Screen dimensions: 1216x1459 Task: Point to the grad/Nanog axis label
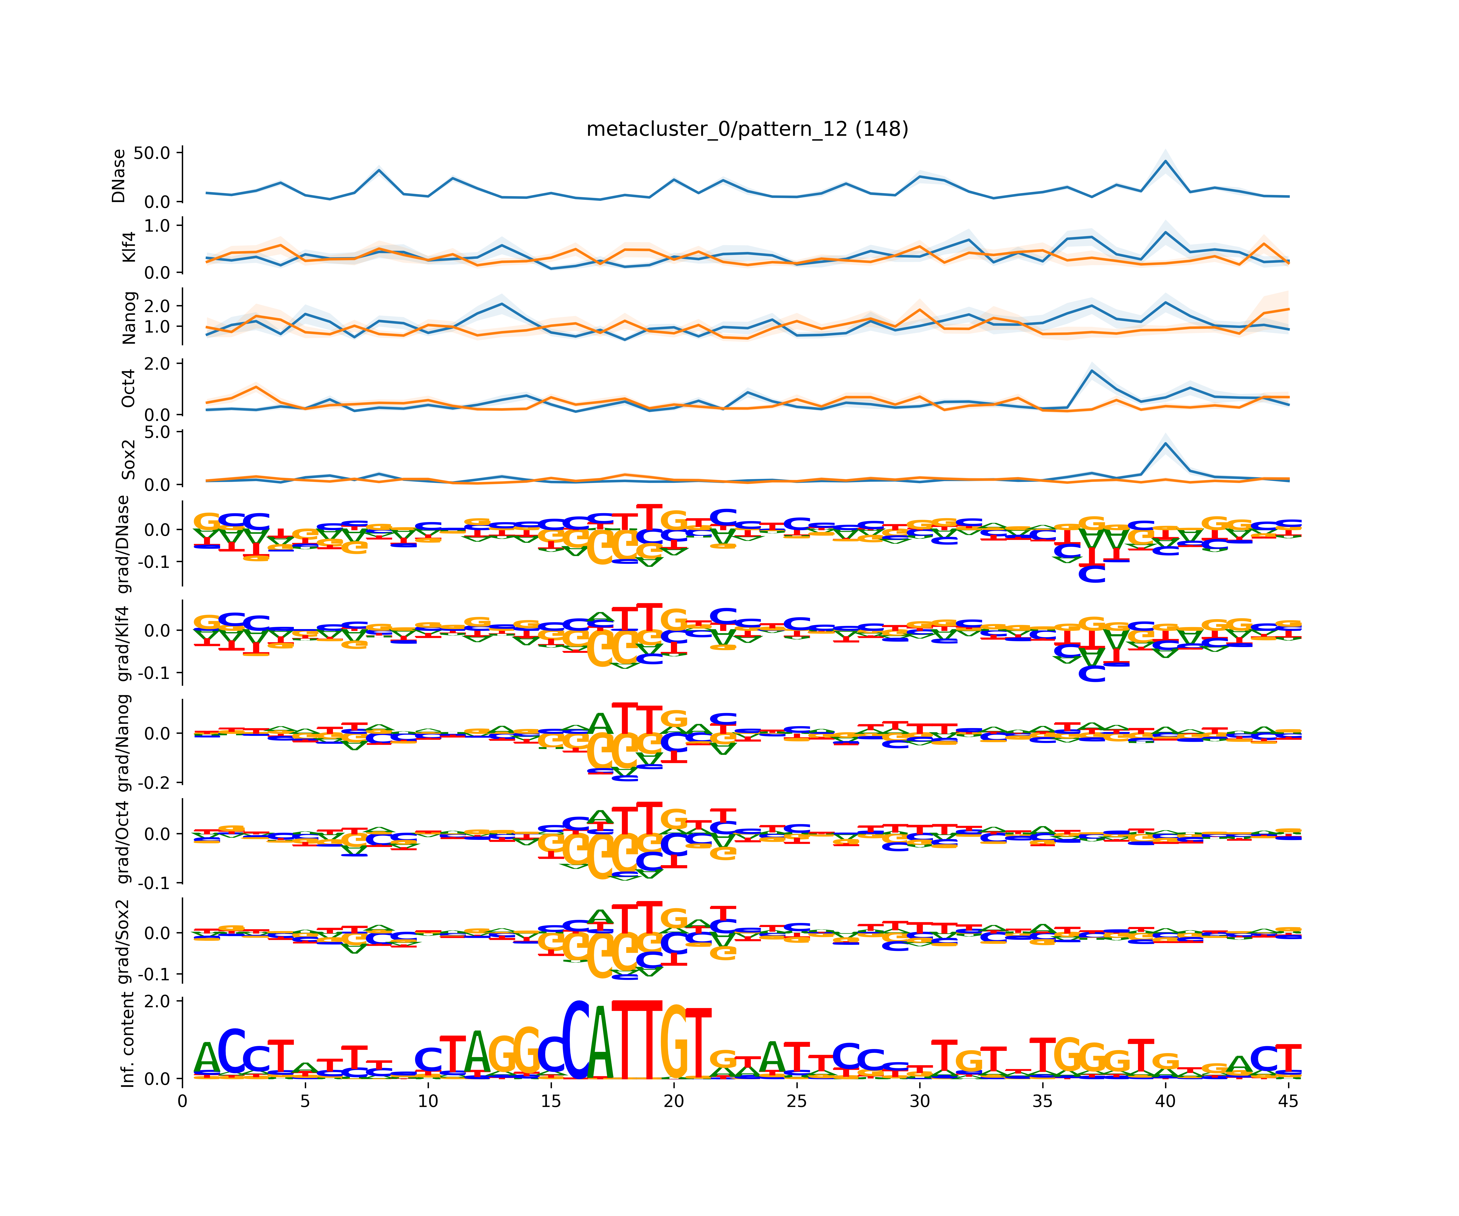tap(124, 742)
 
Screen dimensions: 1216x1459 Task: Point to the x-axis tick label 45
tap(1288, 1101)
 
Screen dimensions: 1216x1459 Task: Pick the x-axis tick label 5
tap(305, 1101)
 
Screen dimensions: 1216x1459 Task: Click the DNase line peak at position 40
tap(1165, 161)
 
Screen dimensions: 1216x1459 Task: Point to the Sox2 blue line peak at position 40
tap(1165, 443)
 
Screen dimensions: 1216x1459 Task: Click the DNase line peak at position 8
tap(379, 170)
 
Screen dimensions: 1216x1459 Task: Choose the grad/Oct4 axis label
tap(124, 842)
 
